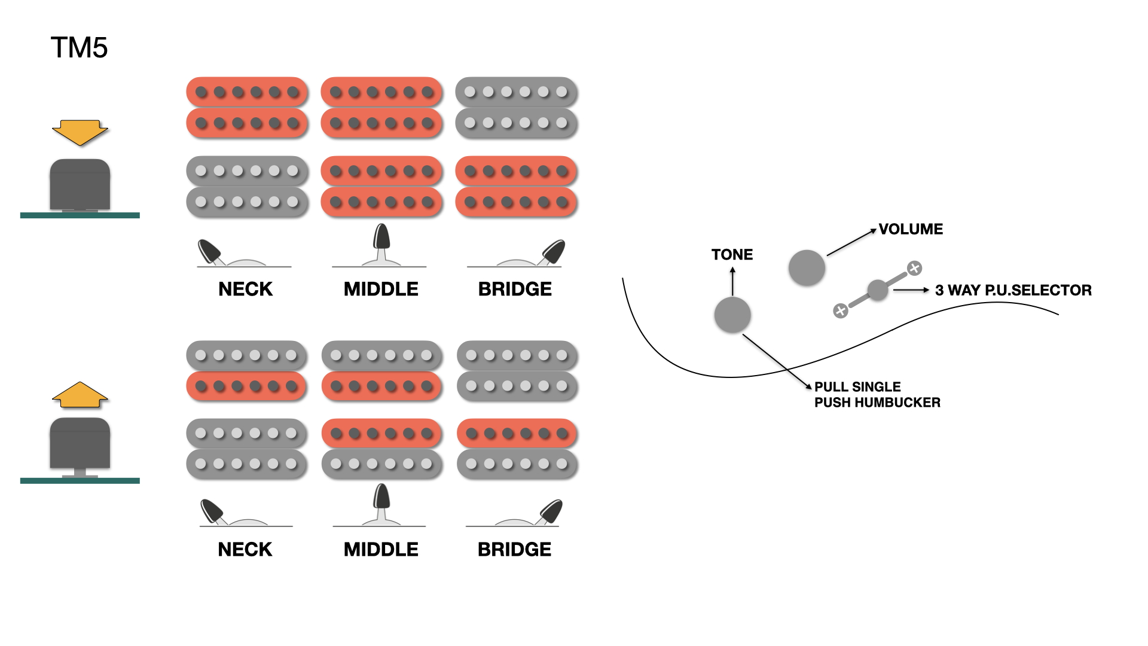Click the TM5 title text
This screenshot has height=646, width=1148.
point(79,48)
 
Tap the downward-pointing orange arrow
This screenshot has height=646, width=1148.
point(80,132)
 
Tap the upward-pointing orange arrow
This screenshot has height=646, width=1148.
point(80,395)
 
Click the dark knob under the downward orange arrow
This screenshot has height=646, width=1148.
point(80,184)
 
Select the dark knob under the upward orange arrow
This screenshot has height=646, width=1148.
point(80,443)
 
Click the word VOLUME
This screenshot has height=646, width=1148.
point(911,229)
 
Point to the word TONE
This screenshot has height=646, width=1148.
point(732,255)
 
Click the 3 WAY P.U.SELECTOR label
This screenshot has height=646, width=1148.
point(1013,290)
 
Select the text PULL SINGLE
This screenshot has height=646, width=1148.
point(857,387)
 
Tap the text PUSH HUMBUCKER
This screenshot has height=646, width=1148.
point(877,403)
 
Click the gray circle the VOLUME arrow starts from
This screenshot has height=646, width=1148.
point(807,267)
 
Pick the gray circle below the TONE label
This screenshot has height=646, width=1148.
point(732,315)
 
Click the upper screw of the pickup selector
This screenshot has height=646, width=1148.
point(914,268)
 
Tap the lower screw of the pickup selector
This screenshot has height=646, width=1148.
point(841,310)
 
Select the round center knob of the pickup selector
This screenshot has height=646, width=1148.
point(877,290)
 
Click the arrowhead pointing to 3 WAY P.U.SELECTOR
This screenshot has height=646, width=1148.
point(926,290)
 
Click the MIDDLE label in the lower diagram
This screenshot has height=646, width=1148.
point(381,549)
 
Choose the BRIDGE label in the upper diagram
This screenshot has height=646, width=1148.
point(515,289)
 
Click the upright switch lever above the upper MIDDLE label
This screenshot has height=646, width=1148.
point(381,238)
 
